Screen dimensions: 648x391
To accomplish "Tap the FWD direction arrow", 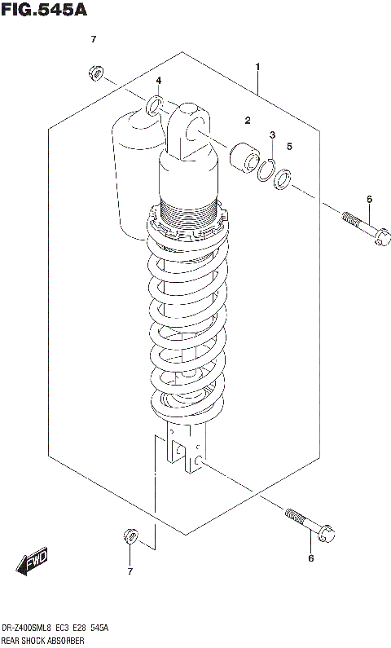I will point(33,562).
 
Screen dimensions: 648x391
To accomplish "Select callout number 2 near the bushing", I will point(246,121).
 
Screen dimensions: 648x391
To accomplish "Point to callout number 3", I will point(273,134).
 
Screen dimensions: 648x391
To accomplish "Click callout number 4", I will point(159,80).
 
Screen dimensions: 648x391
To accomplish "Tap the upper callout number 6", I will point(369,199).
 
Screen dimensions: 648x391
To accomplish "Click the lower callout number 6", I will point(310,558).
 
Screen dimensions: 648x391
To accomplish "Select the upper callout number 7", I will point(94,40).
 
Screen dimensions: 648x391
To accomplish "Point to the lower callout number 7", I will point(129,571).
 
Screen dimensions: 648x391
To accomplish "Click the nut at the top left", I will point(94,74).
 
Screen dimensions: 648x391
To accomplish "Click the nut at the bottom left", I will point(129,536).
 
